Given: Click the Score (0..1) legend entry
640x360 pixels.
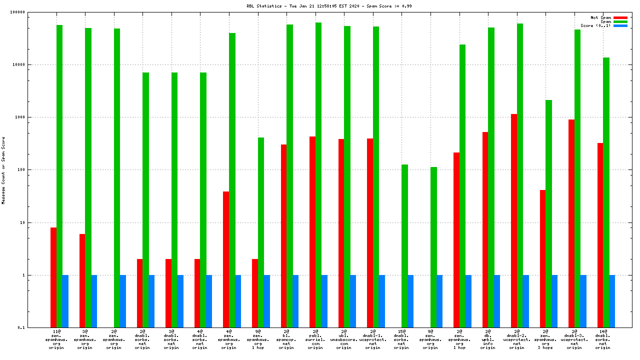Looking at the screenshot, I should click(x=595, y=25).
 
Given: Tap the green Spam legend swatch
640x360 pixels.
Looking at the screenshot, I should click(x=620, y=21).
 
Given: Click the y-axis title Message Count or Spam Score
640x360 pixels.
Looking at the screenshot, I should click(x=3, y=170).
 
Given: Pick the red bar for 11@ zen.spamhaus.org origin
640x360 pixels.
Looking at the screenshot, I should click(x=53, y=277).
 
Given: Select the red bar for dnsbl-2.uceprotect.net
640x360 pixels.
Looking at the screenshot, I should click(x=514, y=220).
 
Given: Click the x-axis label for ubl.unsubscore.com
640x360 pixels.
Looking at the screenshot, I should click(x=343, y=339).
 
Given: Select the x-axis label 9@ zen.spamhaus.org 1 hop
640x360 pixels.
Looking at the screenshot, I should click(x=257, y=339).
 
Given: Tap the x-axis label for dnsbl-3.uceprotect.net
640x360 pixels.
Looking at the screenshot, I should click(x=574, y=339).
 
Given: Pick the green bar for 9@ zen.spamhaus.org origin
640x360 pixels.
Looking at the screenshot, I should click(x=433, y=247).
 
